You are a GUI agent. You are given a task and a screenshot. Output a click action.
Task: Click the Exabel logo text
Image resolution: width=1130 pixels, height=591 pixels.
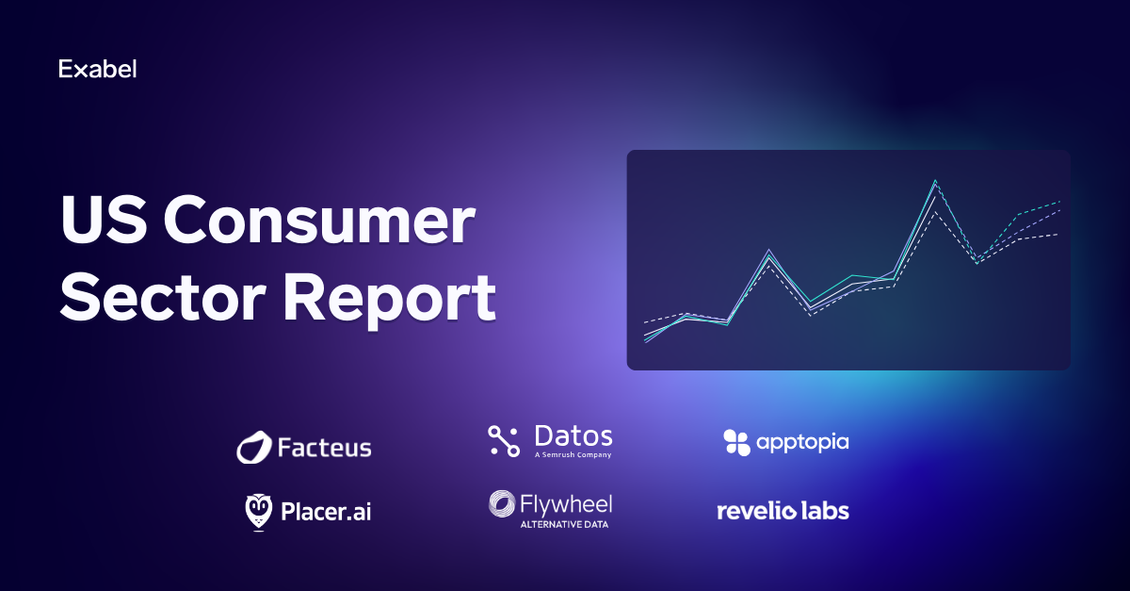(97, 69)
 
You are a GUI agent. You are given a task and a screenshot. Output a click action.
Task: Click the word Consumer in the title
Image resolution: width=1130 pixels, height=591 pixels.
(319, 221)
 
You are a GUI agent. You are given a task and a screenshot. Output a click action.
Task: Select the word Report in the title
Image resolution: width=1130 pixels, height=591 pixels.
(389, 301)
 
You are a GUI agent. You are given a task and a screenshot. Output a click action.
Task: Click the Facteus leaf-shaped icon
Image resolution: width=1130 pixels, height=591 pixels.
(253, 447)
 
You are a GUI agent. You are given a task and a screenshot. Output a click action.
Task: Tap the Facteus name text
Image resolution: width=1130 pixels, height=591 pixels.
(324, 448)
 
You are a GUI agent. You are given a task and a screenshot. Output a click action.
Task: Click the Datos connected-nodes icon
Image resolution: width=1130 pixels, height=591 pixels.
(504, 441)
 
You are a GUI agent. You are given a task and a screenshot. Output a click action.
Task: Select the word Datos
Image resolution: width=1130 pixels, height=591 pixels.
(573, 435)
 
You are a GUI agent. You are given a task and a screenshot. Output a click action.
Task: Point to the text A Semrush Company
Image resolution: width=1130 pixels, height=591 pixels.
(573, 454)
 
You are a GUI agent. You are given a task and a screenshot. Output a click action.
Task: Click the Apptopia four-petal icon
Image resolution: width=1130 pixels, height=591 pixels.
(736, 442)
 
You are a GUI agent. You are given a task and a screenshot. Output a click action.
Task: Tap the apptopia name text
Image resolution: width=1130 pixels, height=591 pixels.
(802, 443)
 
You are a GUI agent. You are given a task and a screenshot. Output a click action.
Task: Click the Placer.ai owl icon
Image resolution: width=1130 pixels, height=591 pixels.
(258, 512)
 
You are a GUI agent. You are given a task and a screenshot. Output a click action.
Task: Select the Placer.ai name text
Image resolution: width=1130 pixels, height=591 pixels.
(326, 512)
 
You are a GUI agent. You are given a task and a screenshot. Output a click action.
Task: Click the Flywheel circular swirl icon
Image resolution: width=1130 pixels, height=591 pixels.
(502, 504)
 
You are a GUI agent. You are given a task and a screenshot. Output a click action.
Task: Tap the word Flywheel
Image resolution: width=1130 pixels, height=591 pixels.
(566, 505)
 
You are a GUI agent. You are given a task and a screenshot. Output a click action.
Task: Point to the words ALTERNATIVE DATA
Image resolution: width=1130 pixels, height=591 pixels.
(564, 525)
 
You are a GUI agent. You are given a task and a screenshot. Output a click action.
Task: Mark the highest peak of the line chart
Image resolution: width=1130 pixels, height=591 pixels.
(935, 180)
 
